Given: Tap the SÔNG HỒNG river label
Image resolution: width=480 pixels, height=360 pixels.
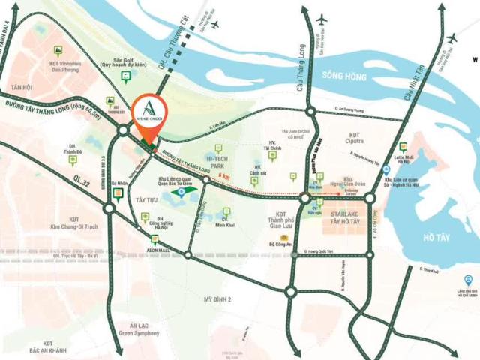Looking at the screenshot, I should coord(344,75).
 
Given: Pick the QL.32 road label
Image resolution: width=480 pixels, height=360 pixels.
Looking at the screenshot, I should coord(82,180).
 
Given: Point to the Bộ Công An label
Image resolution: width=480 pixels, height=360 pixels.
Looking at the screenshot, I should coord(278,243).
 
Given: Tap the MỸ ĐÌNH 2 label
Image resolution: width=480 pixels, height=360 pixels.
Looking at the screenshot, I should coord(217,299).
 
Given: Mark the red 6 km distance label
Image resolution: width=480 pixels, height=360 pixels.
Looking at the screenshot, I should coord(223,175).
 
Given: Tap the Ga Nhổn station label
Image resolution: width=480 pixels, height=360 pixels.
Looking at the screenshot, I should coord(118,182).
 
